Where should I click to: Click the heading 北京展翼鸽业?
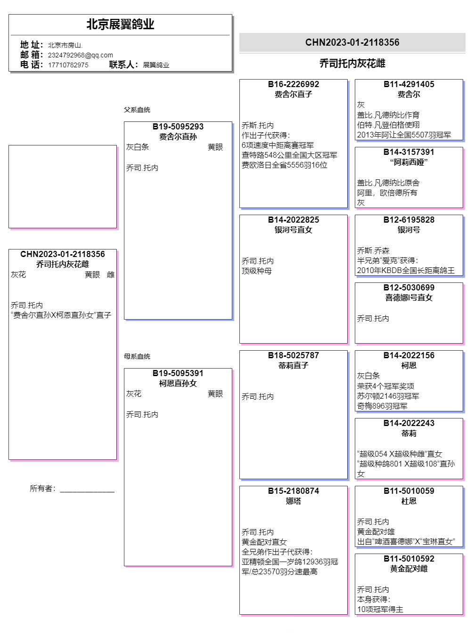(120, 24)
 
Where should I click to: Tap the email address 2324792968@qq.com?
(81, 55)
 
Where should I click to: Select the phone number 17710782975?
(68, 65)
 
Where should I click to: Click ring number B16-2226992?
(293, 84)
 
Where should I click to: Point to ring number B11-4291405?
(409, 84)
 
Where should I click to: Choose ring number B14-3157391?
(409, 152)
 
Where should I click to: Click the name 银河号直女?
(293, 230)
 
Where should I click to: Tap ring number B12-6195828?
(409, 220)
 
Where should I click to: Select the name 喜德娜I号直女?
(409, 297)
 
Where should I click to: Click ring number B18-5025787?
(293, 355)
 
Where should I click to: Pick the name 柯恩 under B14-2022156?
(409, 365)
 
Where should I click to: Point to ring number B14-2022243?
(409, 423)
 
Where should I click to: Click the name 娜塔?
(293, 501)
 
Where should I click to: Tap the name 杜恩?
(409, 501)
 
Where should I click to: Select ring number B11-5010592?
(409, 559)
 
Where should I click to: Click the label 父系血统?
(137, 110)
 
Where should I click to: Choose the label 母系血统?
(137, 356)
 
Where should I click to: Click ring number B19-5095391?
(178, 373)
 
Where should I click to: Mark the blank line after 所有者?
(87, 490)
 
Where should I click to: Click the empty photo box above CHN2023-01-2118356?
(63, 186)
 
